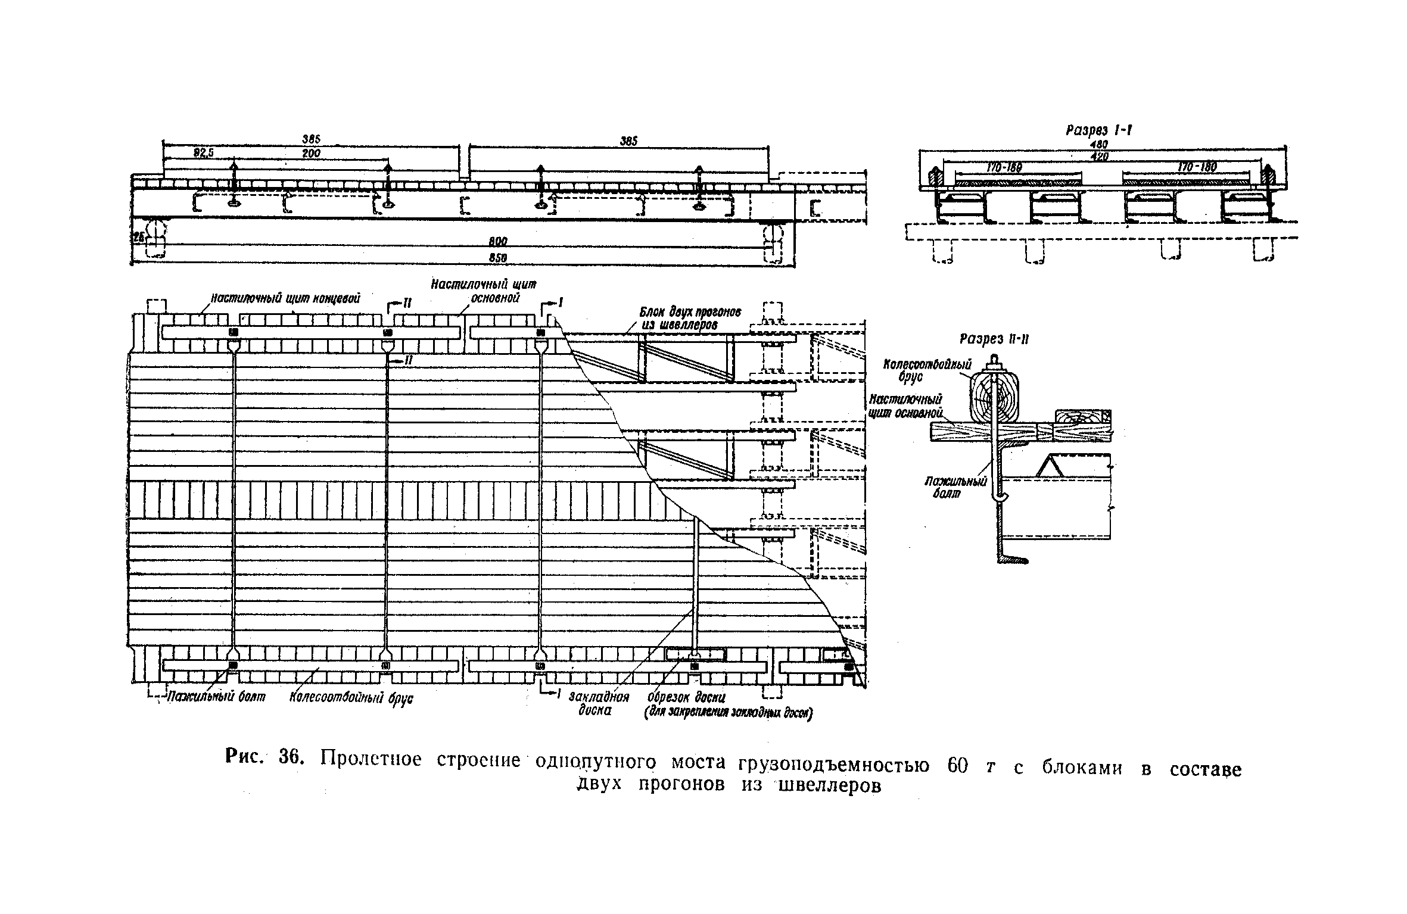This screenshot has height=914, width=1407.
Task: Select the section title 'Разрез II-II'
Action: point(994,339)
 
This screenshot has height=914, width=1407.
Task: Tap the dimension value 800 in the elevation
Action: point(499,242)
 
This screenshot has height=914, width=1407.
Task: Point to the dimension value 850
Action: point(499,258)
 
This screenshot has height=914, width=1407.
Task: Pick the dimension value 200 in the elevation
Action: point(311,153)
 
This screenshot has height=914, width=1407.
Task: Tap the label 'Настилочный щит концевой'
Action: point(286,298)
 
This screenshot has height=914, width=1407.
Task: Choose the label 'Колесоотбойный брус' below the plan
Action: point(351,698)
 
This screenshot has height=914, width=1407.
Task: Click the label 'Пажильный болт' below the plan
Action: point(215,697)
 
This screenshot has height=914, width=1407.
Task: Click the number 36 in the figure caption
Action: point(292,759)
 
